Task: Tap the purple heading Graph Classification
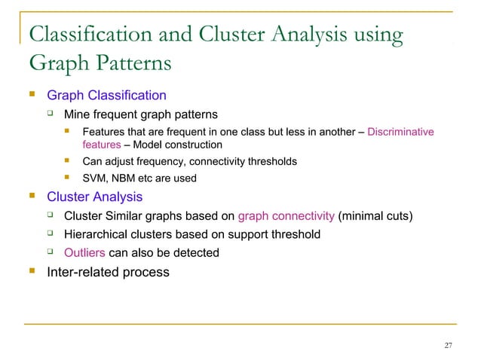point(106,96)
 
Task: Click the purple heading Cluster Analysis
point(94,197)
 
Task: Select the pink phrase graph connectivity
point(286,216)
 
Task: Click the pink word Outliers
point(84,252)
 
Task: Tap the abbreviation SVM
point(94,178)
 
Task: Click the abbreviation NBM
point(124,178)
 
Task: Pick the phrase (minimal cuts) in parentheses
point(375,216)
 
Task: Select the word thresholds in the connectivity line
point(270,161)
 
